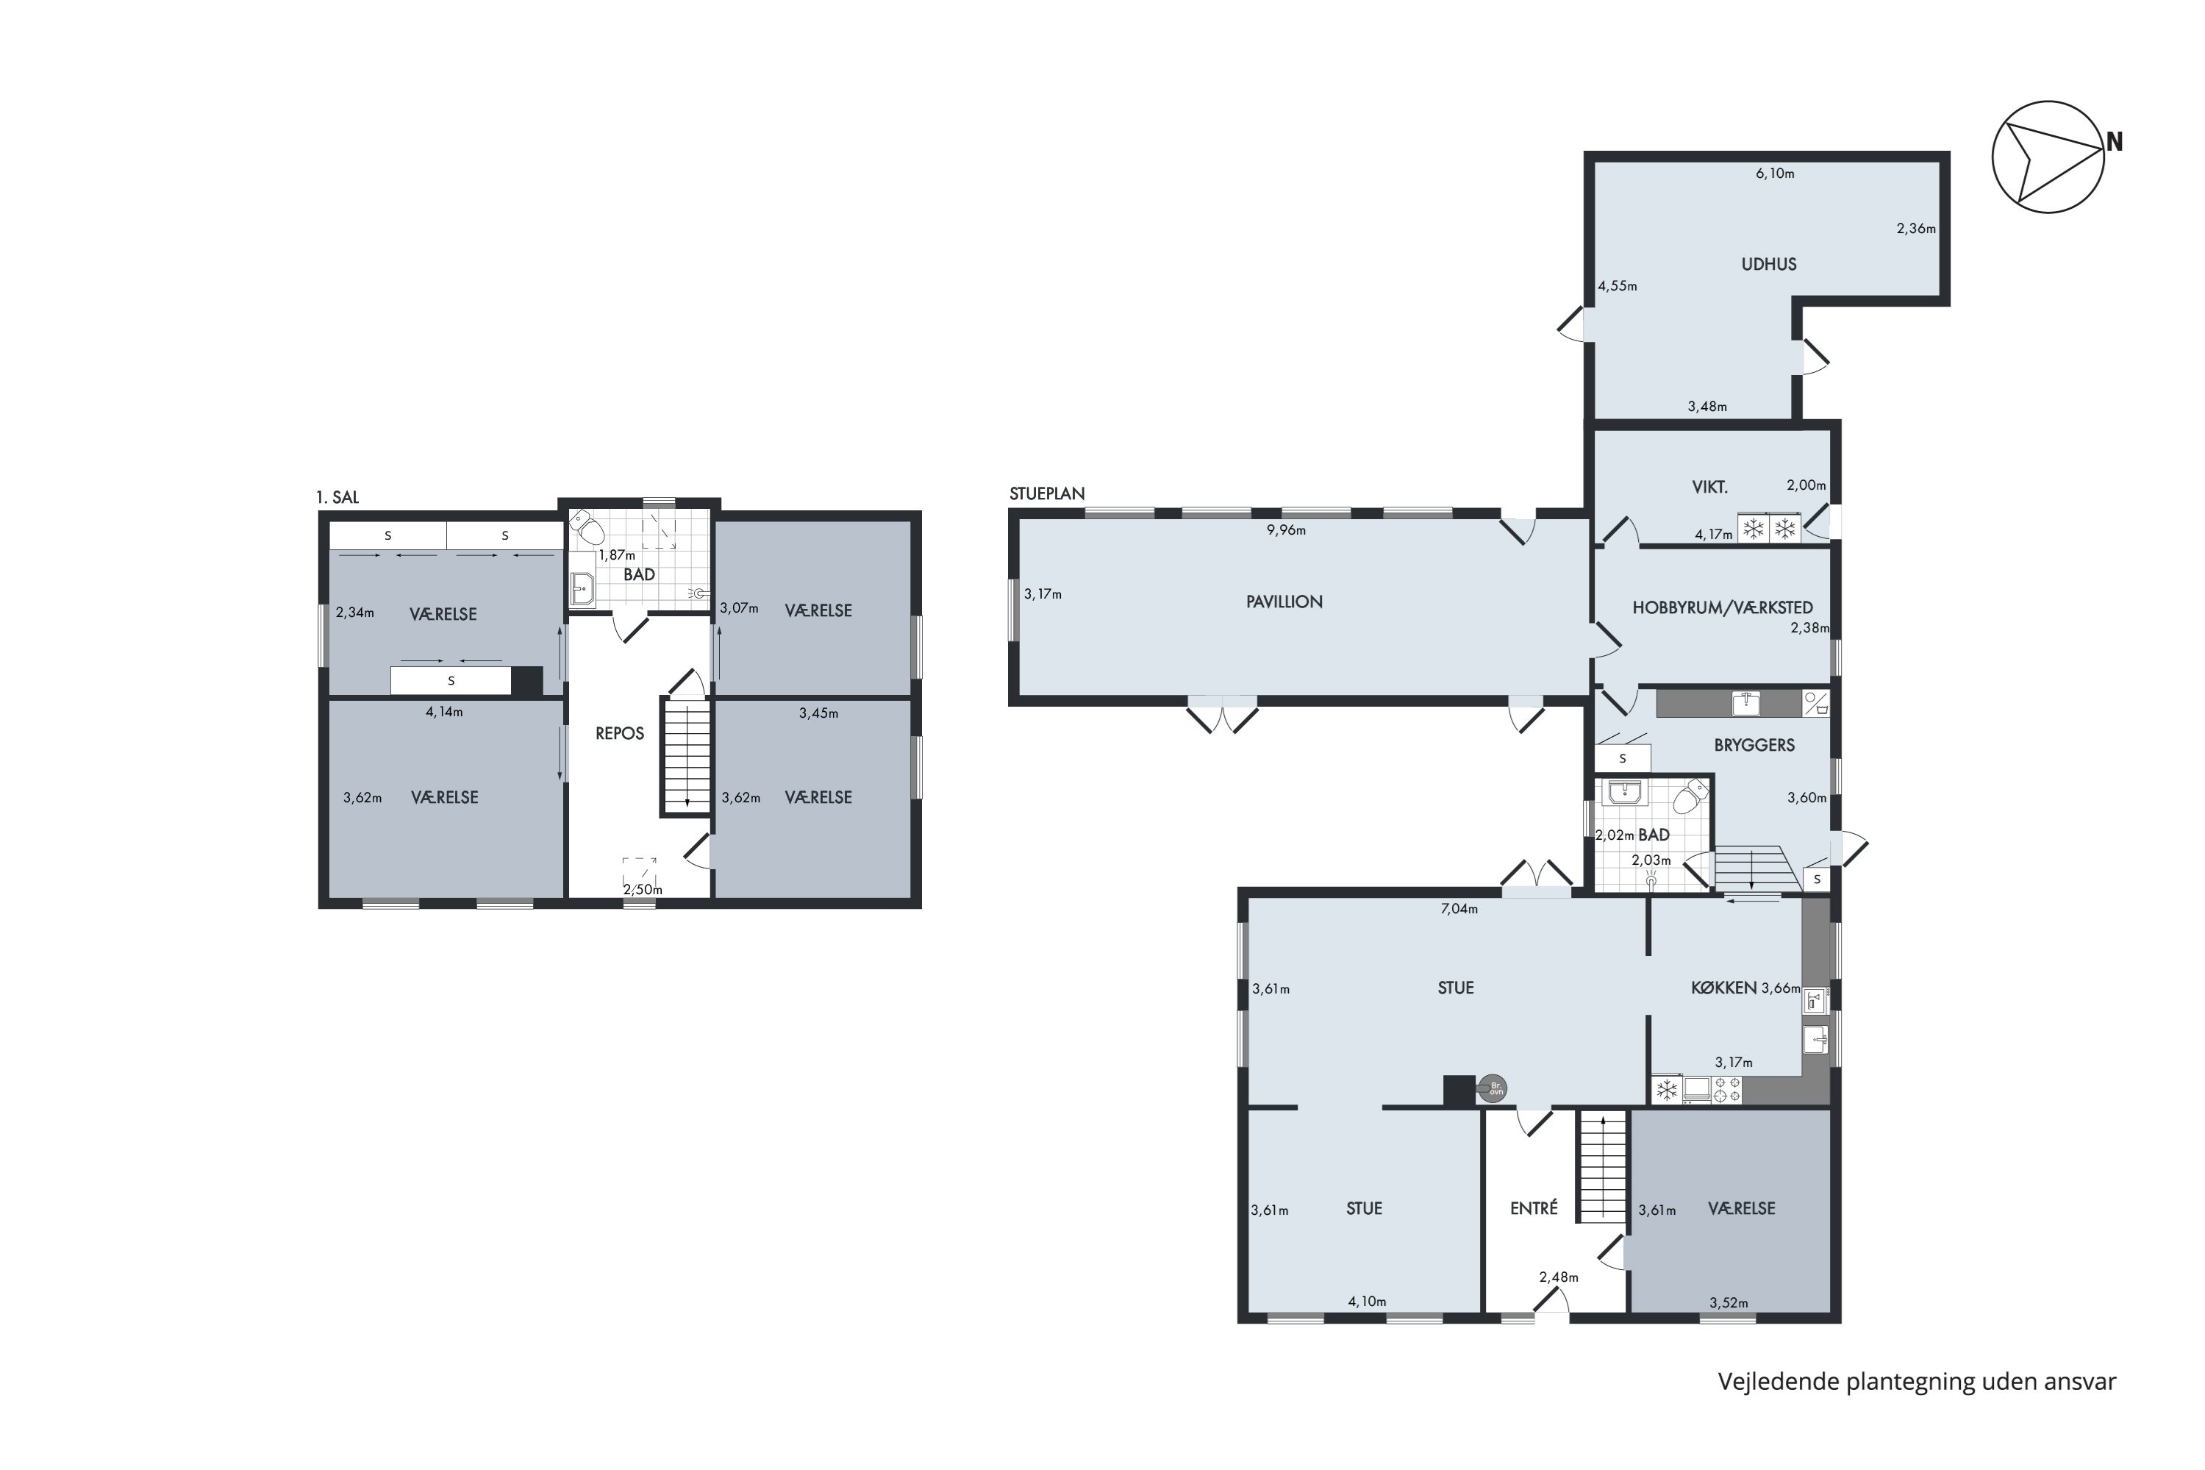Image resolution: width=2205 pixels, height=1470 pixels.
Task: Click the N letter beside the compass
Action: pyautogui.click(x=2114, y=143)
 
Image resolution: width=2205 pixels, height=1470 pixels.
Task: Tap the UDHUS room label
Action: pyautogui.click(x=1768, y=265)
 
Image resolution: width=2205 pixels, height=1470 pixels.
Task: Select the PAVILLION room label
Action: pyautogui.click(x=1284, y=602)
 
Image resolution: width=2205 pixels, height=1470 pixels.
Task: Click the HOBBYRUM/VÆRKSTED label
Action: pyautogui.click(x=1723, y=607)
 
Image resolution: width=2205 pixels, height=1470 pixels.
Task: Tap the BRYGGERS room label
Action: pyautogui.click(x=1754, y=746)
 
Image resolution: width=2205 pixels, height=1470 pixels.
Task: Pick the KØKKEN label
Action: pyautogui.click(x=1723, y=987)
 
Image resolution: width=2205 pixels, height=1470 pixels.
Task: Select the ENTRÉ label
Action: pyautogui.click(x=1534, y=1208)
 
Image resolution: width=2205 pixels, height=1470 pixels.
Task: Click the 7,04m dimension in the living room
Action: pyautogui.click(x=1458, y=908)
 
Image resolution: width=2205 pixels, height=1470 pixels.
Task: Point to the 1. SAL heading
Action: pyautogui.click(x=337, y=498)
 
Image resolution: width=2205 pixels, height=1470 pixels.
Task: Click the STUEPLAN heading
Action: pyautogui.click(x=1047, y=494)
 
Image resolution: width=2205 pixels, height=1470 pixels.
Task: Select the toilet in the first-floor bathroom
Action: pyautogui.click(x=587, y=528)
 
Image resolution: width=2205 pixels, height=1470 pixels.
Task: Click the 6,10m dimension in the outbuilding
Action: pyautogui.click(x=1775, y=174)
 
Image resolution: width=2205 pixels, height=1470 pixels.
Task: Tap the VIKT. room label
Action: pyautogui.click(x=1710, y=488)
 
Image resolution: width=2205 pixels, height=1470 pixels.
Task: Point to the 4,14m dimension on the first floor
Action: pyautogui.click(x=444, y=712)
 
